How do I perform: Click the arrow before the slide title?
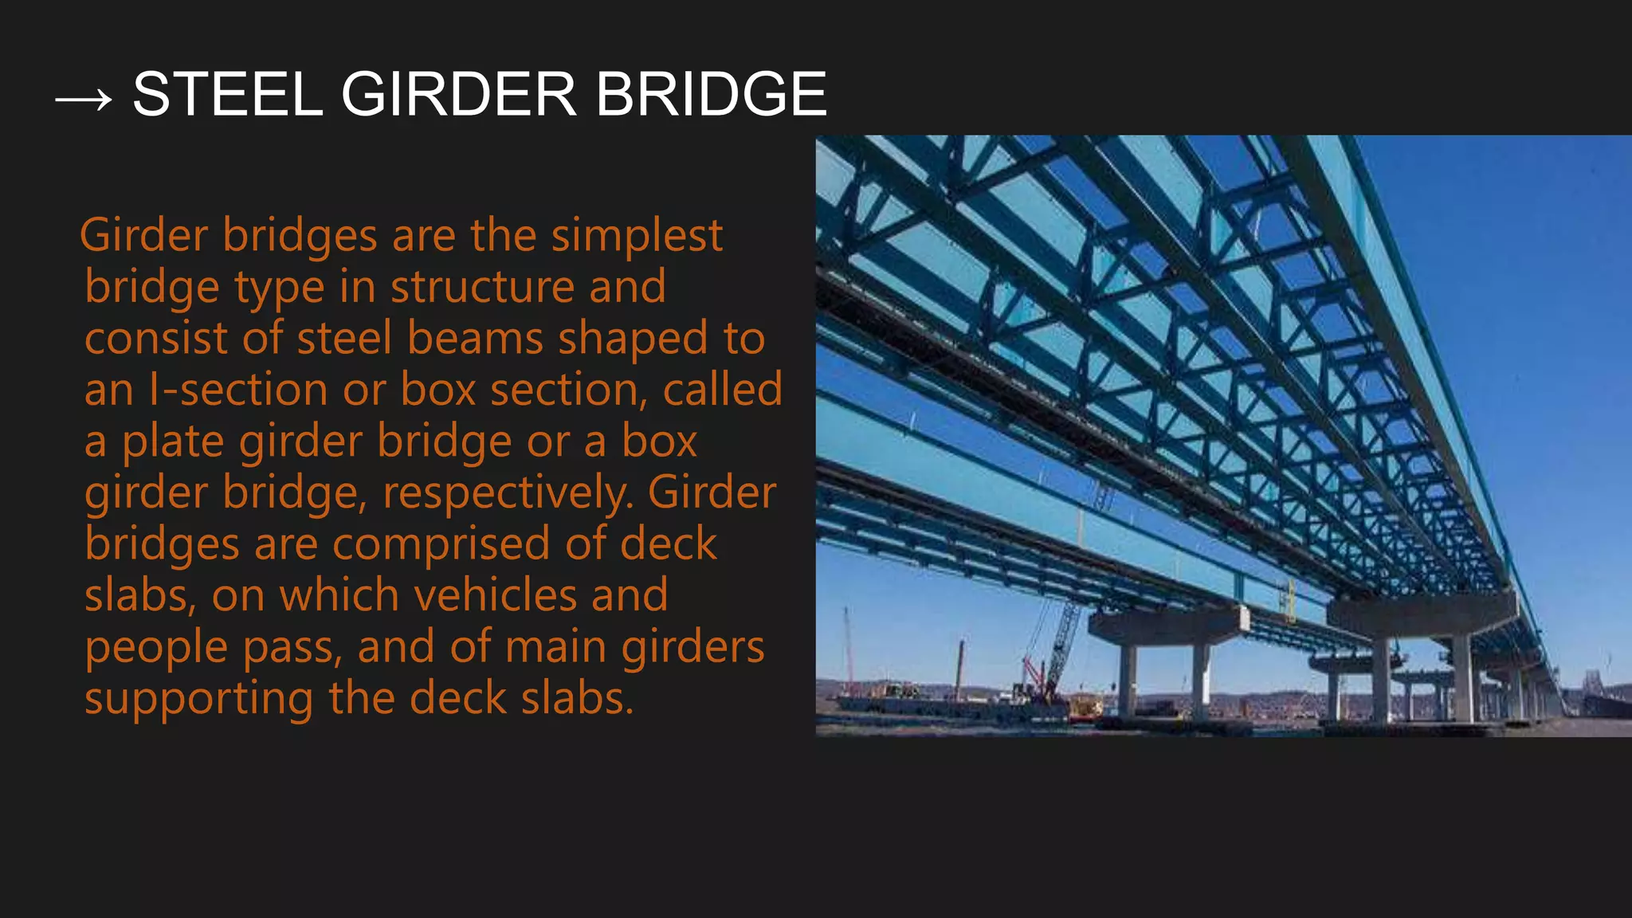(83, 100)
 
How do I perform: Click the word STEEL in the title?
(227, 94)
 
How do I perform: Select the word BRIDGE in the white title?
(711, 94)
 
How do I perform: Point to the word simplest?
(637, 237)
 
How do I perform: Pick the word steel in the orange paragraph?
(344, 339)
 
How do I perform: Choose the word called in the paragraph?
(722, 390)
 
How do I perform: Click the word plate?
(173, 443)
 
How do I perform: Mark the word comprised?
(441, 544)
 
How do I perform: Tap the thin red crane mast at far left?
(848, 649)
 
